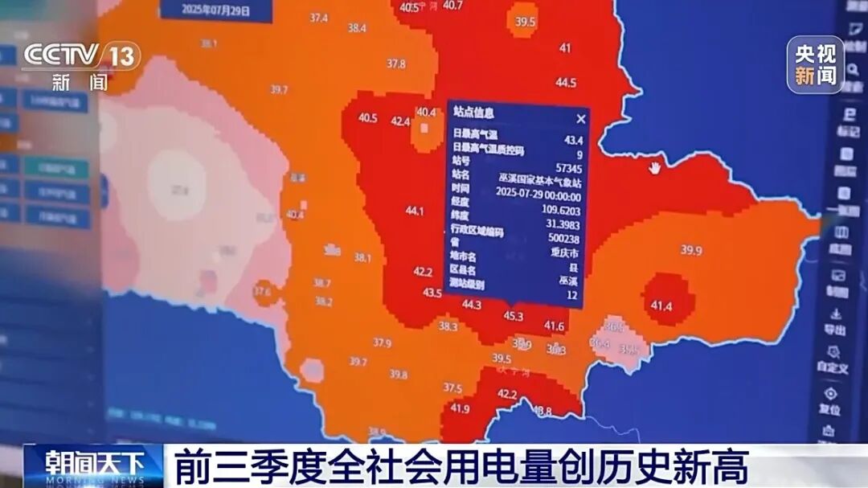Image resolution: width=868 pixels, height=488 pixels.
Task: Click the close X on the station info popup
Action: click(x=581, y=118)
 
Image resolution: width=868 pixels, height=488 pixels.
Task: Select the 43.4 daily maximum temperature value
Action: click(x=574, y=141)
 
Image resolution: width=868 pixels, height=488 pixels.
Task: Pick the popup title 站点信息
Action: click(x=473, y=113)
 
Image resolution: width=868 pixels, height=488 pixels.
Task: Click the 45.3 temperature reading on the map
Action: click(x=514, y=316)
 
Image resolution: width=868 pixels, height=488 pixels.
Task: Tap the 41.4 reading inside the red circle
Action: click(x=661, y=306)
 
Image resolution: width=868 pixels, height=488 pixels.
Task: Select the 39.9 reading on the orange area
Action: click(x=691, y=251)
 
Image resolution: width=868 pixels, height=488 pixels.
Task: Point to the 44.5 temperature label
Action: click(x=566, y=83)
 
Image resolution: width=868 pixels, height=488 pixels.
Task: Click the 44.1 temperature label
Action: click(x=415, y=211)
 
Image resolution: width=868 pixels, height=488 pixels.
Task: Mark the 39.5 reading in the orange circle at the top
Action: click(x=526, y=23)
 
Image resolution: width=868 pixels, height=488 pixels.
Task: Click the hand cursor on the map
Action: click(x=656, y=168)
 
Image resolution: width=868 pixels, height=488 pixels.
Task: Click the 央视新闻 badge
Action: click(x=815, y=65)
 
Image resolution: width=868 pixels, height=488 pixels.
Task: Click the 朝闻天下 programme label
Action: click(x=94, y=465)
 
